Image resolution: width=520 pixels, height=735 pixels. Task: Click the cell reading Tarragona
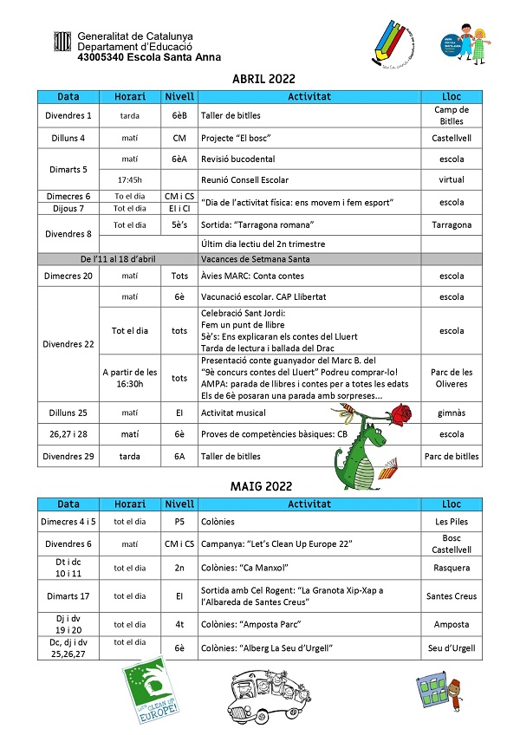click(452, 224)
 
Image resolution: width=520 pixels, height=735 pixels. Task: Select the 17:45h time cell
click(129, 180)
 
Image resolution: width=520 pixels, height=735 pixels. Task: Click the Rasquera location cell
click(452, 568)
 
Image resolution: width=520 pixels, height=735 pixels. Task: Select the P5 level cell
click(179, 522)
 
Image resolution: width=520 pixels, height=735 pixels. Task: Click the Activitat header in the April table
click(309, 96)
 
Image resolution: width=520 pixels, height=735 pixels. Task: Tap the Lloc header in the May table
click(452, 504)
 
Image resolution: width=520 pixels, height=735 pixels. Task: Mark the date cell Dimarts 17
click(68, 595)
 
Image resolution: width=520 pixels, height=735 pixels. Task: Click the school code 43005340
click(103, 57)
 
